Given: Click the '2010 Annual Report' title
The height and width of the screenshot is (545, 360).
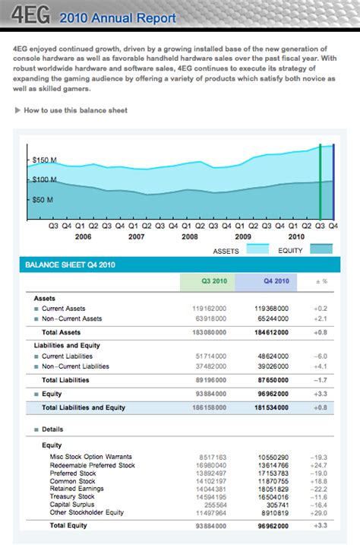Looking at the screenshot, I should tap(117, 17).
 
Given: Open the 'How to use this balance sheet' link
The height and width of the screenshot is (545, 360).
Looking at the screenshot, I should tap(75, 110).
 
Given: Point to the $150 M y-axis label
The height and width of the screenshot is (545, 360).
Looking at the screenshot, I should tap(44, 160).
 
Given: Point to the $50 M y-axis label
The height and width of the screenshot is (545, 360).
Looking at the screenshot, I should tap(43, 199).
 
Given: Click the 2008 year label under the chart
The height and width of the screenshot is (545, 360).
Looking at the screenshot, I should tap(189, 236).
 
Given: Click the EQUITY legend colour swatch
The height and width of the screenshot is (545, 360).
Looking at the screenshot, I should tap(321, 249).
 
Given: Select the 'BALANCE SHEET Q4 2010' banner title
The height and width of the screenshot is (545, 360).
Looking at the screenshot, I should tap(70, 265).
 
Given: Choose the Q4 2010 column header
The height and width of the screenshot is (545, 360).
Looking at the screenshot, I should tap(276, 281).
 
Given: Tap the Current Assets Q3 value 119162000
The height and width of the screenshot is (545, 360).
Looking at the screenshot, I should tap(210, 309).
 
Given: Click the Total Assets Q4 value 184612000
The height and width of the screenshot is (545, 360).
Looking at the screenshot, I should tap(271, 333).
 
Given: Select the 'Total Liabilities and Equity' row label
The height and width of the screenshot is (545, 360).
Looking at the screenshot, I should tap(84, 407).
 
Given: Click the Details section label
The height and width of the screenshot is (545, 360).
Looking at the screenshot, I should tap(52, 429).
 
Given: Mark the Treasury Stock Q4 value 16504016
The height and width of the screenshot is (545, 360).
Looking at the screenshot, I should tap(272, 496).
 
